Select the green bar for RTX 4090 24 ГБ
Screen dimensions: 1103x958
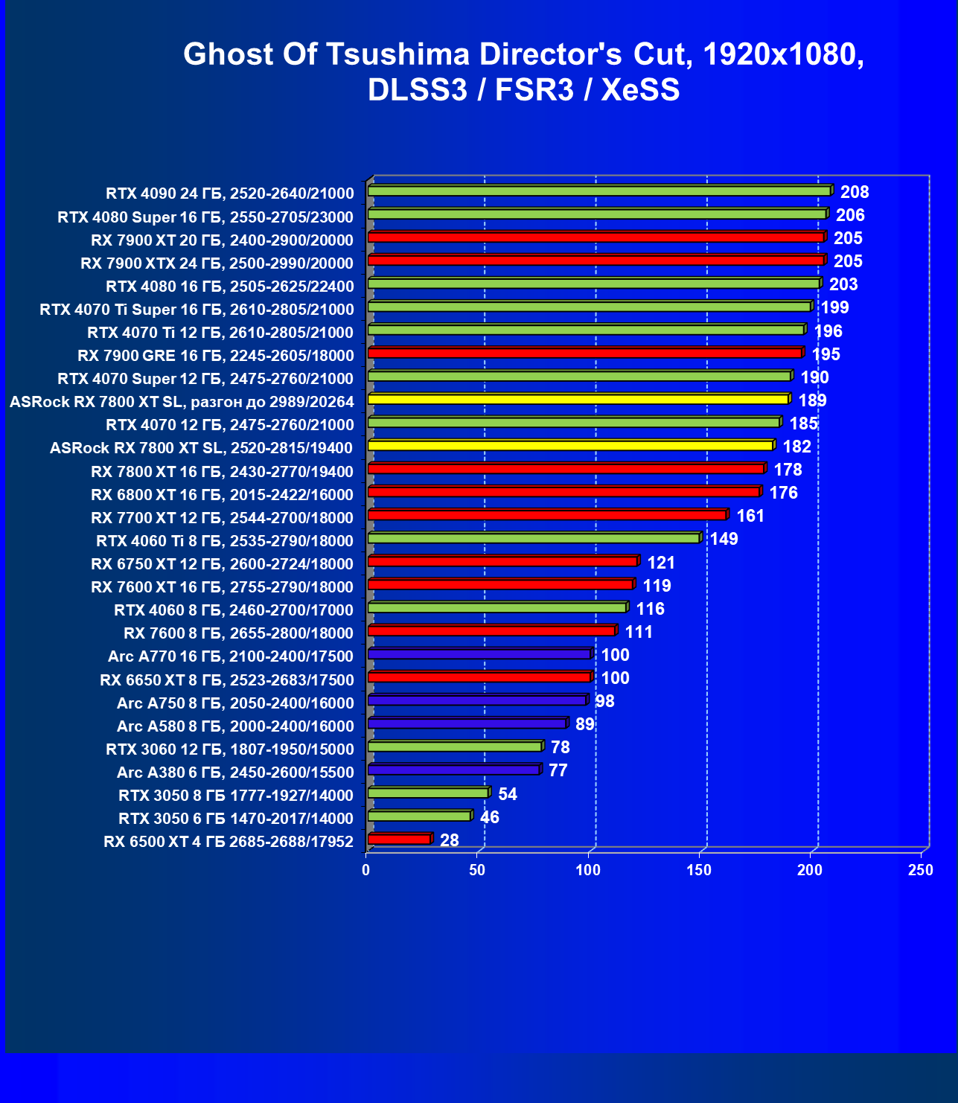(x=599, y=191)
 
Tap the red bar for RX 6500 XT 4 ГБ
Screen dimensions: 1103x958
(x=399, y=840)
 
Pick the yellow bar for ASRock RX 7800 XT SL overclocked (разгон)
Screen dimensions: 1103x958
(x=578, y=400)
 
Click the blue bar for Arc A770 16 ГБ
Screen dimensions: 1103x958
(x=479, y=654)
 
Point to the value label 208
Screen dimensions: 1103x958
(x=855, y=192)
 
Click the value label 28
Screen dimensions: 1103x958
(x=450, y=840)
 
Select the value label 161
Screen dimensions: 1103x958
(x=750, y=516)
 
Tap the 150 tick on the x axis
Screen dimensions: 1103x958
(x=699, y=870)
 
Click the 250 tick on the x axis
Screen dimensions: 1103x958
(x=921, y=870)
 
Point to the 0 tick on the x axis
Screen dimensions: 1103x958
(x=365, y=870)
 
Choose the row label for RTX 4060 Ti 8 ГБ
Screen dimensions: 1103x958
(x=225, y=540)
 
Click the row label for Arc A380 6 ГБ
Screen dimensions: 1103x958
(x=235, y=772)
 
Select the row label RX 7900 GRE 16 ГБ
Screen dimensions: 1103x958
(x=215, y=355)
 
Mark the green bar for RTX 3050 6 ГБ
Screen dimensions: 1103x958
(x=419, y=816)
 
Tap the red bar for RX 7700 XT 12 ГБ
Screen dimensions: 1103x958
(x=547, y=515)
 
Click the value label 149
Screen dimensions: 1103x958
(x=724, y=539)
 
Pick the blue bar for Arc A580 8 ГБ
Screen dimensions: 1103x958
(x=467, y=723)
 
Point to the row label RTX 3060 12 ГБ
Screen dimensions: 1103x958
(x=229, y=749)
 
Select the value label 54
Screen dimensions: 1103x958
(x=508, y=794)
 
